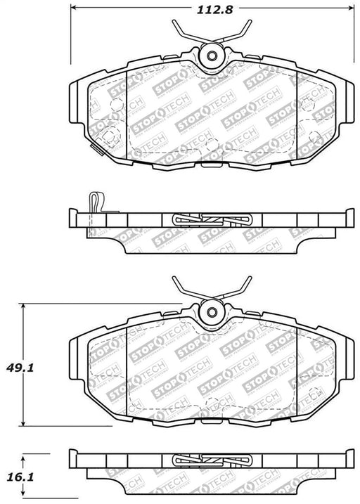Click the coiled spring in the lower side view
tap(212, 463)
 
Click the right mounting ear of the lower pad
tap(342, 349)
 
